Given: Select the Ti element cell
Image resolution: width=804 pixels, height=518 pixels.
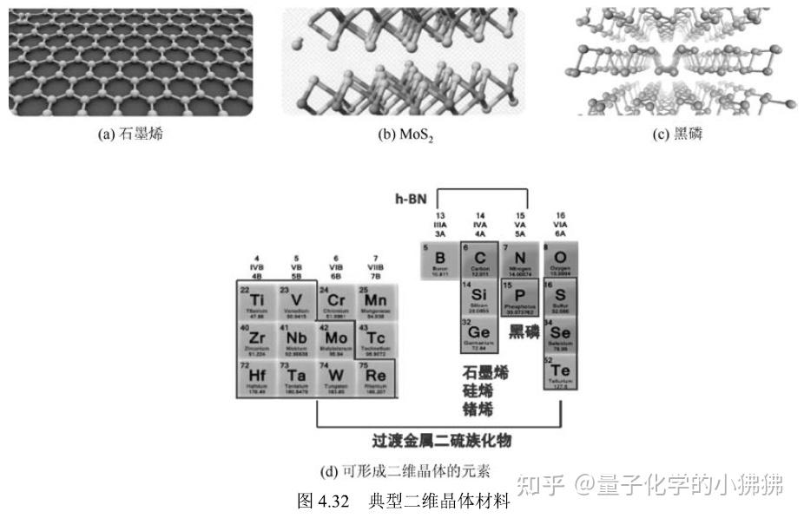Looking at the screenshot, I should click(257, 299).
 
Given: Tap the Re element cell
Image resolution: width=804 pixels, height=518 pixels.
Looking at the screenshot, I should click(376, 378).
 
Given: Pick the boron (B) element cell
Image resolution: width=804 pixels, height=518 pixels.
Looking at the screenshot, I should click(439, 261).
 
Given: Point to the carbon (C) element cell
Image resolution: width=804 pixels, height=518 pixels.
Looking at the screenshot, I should click(479, 261).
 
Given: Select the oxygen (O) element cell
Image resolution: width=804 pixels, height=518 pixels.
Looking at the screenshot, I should click(560, 261).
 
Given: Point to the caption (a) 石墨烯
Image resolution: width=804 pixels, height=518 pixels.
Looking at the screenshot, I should click(130, 134).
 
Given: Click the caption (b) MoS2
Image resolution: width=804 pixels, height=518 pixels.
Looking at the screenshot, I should click(405, 135).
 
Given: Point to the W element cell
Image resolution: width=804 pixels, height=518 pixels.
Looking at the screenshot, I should click(336, 378).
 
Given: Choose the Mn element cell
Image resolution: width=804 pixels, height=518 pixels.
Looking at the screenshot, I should click(376, 299).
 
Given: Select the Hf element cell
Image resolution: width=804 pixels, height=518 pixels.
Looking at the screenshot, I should click(257, 378).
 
